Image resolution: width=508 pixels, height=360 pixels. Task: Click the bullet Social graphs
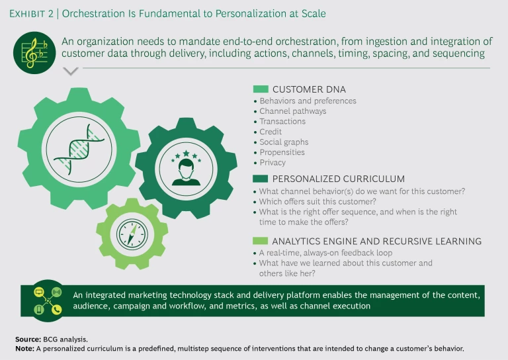pos(284,142)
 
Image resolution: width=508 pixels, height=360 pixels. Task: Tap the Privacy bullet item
pos(273,162)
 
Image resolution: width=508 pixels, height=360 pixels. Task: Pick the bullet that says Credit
pos(271,132)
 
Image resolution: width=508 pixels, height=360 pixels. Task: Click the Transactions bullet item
pos(282,122)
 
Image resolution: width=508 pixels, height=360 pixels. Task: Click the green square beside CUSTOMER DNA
pos(261,89)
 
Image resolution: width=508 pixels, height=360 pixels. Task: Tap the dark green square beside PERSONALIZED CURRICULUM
pos(261,178)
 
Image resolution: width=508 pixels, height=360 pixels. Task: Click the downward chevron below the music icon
pos(69,71)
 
